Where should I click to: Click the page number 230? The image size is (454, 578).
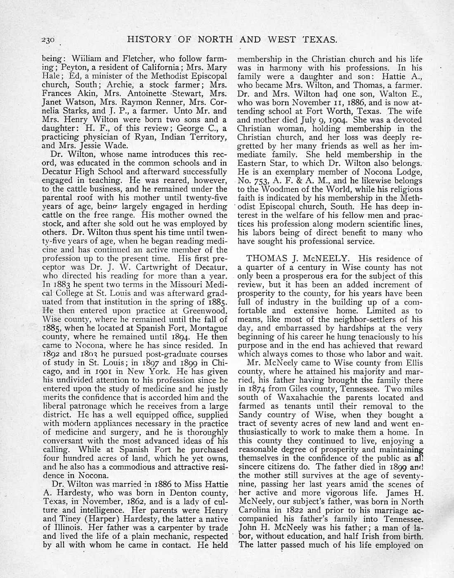tap(48, 40)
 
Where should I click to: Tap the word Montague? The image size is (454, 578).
tap(208, 328)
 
